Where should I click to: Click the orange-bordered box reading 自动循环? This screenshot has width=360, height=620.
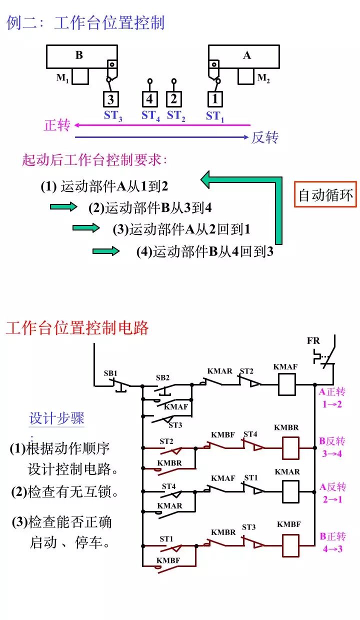coord(325,194)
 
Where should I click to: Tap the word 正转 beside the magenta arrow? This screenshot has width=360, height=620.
coord(57,125)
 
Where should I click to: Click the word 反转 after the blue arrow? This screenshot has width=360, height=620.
coord(265,137)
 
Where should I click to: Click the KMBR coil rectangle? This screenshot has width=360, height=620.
coord(291,448)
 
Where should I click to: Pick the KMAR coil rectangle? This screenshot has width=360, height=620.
coord(291,491)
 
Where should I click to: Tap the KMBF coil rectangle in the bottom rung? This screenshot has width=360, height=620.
coord(291,545)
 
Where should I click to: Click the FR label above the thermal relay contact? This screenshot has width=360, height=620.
coord(313,341)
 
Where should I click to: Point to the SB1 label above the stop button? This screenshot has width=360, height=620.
coord(110,373)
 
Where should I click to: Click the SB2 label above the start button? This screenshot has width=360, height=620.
coord(162,377)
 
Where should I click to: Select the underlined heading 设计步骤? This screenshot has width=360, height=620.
coord(56,418)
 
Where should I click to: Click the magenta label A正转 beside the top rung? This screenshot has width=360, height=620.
coord(332,392)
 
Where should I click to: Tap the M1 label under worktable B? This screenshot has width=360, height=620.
coord(62,78)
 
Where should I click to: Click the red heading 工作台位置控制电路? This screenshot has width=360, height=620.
coord(77,328)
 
